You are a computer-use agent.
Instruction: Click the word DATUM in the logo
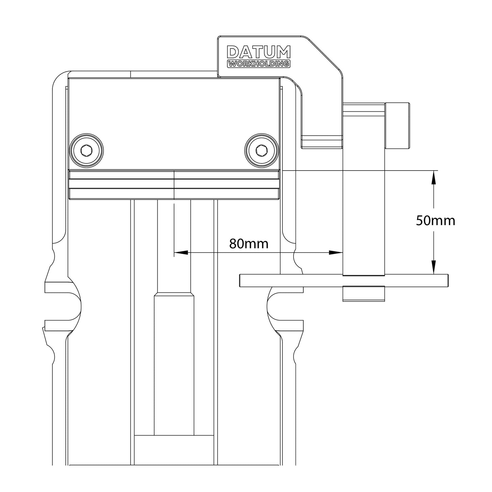click(258, 52)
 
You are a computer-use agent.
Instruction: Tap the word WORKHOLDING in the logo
click(258, 64)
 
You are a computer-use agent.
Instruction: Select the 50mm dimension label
click(435, 221)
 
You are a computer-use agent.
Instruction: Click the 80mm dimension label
click(249, 243)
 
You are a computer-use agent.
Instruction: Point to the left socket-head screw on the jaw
click(86, 150)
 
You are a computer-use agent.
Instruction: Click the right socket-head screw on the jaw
click(261, 150)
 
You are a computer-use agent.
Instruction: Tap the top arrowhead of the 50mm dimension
click(433, 177)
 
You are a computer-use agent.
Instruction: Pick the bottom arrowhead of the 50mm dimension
click(433, 268)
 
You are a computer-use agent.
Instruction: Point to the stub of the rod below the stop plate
click(364, 293)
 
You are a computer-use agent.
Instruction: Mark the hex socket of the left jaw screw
click(86, 150)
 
